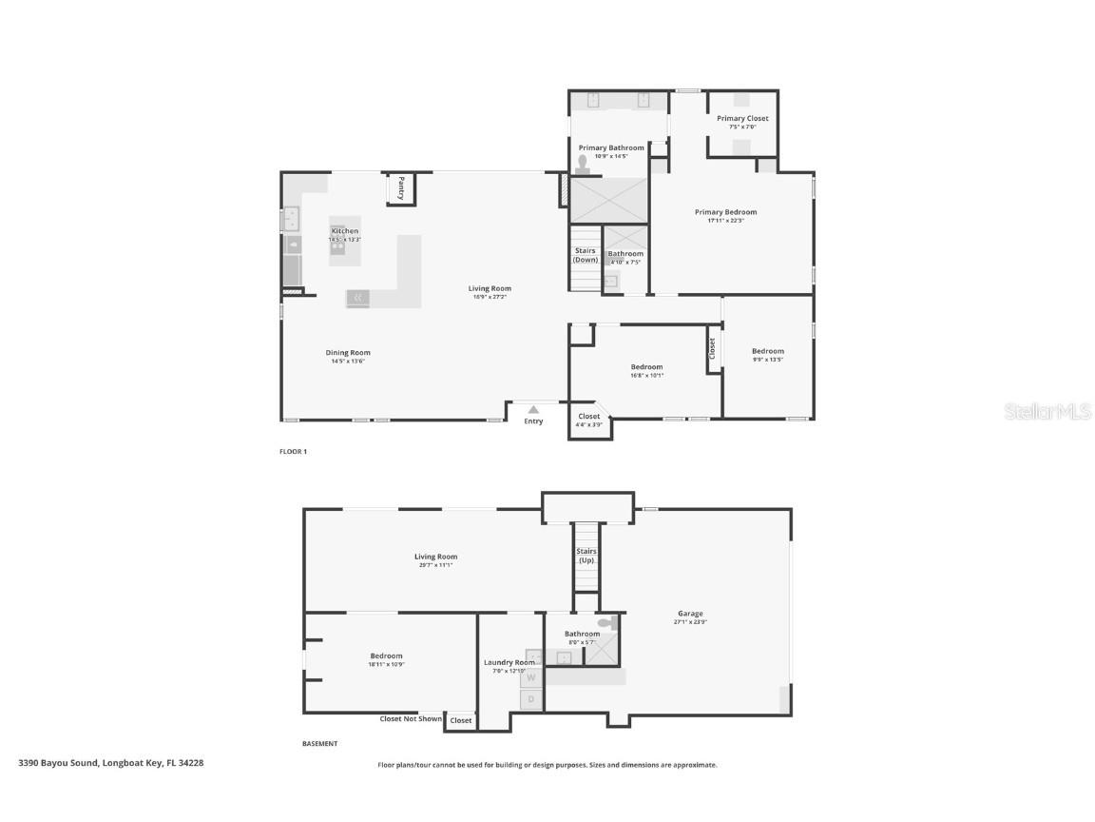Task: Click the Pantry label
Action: [401, 186]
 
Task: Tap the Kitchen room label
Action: [345, 231]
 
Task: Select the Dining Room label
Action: [348, 352]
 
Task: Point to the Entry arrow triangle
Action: [533, 410]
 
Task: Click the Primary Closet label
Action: [742, 118]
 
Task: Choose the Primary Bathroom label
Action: [611, 147]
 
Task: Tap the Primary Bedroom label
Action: [725, 212]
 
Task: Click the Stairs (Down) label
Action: [586, 255]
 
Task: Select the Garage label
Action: [690, 614]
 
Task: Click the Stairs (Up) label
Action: [586, 556]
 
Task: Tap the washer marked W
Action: [531, 677]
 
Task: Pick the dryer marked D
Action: [531, 699]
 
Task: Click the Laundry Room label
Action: [509, 662]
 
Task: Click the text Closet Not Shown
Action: [411, 719]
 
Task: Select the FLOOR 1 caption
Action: [293, 452]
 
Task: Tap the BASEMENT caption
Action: [319, 744]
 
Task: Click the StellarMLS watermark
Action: [1047, 411]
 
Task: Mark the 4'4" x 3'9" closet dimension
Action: [588, 425]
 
